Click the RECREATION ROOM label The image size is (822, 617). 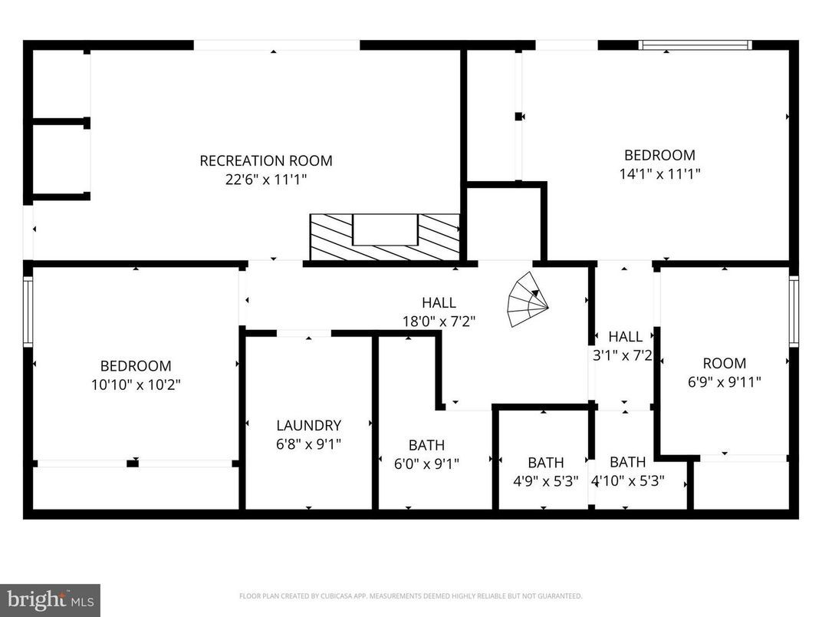(x=266, y=161)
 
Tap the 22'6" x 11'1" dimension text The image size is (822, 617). (x=266, y=180)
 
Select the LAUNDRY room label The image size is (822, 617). (x=308, y=425)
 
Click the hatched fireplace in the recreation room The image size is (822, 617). (x=384, y=237)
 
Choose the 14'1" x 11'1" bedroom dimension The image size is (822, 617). (x=659, y=173)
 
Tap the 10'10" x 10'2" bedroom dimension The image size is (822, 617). (x=136, y=384)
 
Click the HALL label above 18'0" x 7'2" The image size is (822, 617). (x=439, y=302)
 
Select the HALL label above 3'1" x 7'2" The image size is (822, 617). (x=625, y=336)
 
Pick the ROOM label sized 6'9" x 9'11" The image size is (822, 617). (x=724, y=363)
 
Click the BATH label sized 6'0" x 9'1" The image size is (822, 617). (x=426, y=445)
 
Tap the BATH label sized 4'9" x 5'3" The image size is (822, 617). (x=545, y=463)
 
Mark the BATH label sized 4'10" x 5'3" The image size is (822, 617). (x=627, y=462)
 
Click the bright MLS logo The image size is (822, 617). (x=49, y=599)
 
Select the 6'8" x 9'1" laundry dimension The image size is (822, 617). (x=308, y=444)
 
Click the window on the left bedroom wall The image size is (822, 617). (x=28, y=312)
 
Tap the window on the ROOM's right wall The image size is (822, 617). (x=794, y=311)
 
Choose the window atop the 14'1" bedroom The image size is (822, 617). (x=695, y=45)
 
